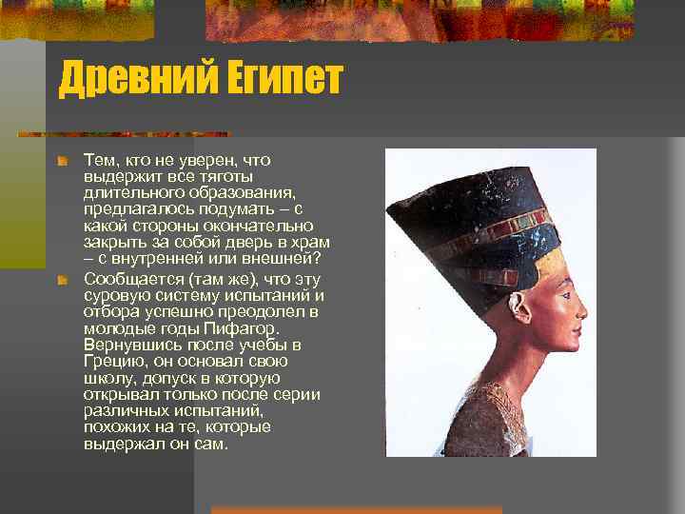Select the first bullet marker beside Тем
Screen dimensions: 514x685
(x=62, y=163)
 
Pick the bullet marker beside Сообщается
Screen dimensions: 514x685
(x=62, y=280)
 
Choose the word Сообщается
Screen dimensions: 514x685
(x=133, y=280)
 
